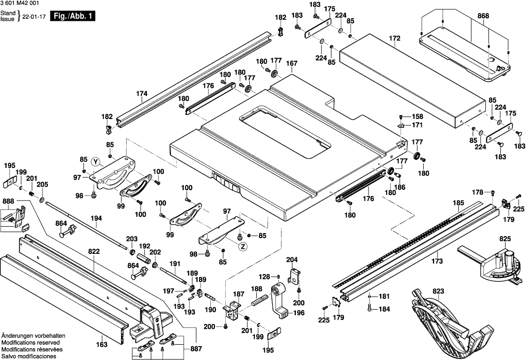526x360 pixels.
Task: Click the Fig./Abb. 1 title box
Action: click(74, 16)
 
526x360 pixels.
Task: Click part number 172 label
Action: click(395, 38)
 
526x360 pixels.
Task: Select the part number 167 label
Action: click(292, 63)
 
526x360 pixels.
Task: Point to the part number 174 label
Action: click(142, 93)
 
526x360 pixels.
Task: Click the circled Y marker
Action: click(95, 161)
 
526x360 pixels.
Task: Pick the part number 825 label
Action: click(505, 239)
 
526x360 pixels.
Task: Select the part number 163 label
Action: click(101, 345)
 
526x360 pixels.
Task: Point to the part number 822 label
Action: click(94, 251)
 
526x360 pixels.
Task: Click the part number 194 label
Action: click(96, 218)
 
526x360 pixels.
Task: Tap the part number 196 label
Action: click(299, 313)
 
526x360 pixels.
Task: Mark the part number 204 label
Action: click(292, 260)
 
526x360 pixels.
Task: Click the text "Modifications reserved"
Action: click(31, 342)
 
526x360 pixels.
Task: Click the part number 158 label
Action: click(418, 117)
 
